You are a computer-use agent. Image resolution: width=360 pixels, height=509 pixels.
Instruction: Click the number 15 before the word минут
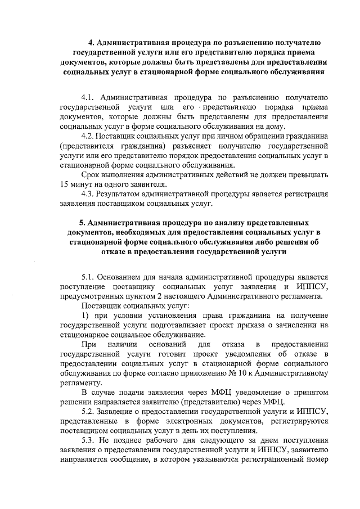pyautogui.click(x=64, y=184)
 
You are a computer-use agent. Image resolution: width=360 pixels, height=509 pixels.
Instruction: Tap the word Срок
pyautogui.click(x=92, y=174)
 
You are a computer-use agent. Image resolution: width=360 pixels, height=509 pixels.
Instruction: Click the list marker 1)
pyautogui.click(x=86, y=315)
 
